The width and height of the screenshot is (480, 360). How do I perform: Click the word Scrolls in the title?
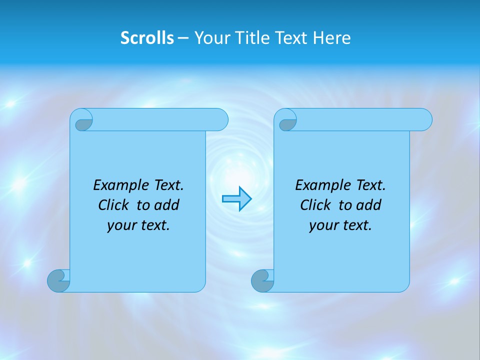tap(147, 38)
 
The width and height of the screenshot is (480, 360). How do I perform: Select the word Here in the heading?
tap(332, 38)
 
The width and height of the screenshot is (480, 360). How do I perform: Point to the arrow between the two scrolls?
tap(236, 199)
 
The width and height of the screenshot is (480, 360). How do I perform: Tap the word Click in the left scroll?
tap(113, 205)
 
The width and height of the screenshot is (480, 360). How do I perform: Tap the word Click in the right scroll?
tap(315, 205)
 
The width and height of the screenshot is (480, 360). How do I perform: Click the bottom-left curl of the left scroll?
tap(58, 280)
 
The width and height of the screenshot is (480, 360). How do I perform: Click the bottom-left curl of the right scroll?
tap(262, 280)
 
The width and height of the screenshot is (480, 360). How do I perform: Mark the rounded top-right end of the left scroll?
tap(220, 120)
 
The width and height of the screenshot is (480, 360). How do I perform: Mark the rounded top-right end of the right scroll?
tap(424, 120)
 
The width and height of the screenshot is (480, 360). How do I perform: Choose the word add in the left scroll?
tap(167, 205)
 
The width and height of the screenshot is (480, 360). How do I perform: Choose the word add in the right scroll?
tap(369, 205)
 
